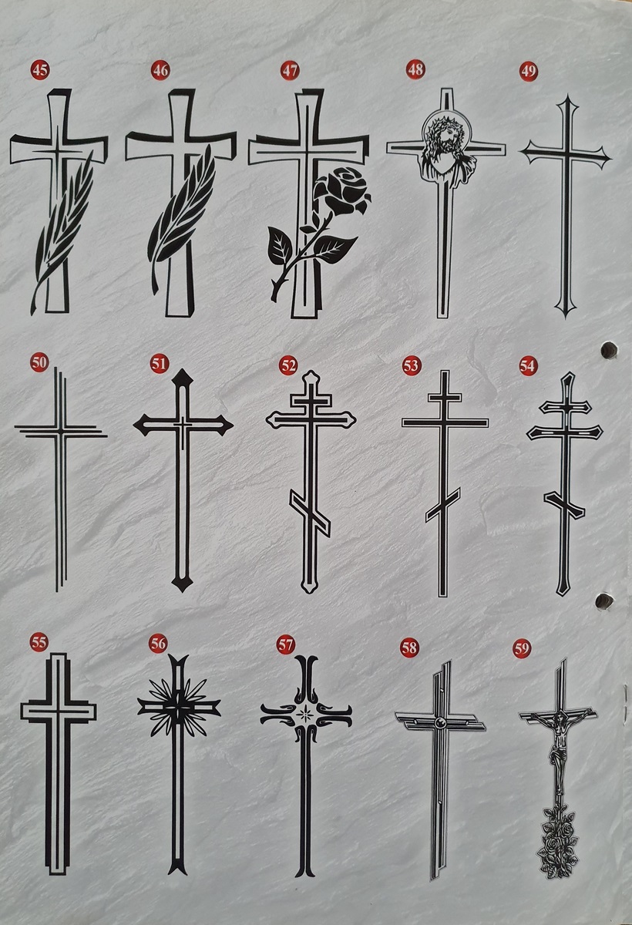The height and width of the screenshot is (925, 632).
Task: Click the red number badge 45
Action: [x=40, y=70]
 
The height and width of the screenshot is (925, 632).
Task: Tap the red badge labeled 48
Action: [x=415, y=69]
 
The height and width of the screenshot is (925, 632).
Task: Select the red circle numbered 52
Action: [x=288, y=365]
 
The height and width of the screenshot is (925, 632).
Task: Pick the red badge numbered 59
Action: [x=522, y=649]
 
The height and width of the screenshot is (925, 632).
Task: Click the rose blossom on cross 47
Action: [x=342, y=190]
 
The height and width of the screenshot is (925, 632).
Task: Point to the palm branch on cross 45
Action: [x=62, y=231]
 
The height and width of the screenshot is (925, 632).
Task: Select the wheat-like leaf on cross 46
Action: [x=182, y=219]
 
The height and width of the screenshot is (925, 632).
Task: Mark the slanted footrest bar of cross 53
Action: [x=443, y=505]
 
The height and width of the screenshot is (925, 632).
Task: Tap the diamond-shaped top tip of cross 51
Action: [x=183, y=377]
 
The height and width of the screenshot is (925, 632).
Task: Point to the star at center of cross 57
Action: [x=306, y=711]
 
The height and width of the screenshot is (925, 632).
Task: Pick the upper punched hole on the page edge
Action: [x=609, y=350]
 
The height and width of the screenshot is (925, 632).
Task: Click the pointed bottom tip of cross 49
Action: [x=565, y=317]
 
